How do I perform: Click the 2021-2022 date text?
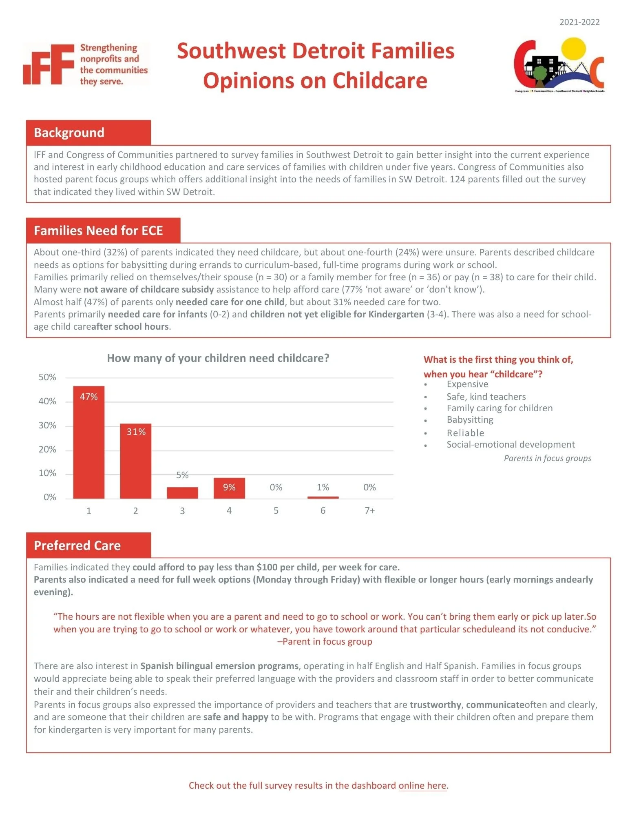pos(579,22)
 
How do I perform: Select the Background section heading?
pos(69,133)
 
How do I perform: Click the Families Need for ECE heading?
pos(98,231)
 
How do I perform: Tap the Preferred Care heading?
pos(77,545)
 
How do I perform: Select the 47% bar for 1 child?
pos(88,445)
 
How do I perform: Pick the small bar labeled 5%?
pos(182,492)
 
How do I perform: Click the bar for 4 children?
pos(229,488)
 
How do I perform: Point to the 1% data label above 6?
pos(323,487)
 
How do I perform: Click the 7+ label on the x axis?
pos(369,511)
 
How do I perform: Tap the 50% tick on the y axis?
pos(47,377)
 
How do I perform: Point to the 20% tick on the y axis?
pos(47,450)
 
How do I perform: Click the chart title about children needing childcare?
pos(218,358)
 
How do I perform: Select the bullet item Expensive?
pos(467,384)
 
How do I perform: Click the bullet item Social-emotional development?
pos(511,445)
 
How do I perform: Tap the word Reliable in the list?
pos(465,433)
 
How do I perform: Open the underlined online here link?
pos(422,785)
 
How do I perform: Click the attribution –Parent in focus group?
pos(325,641)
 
